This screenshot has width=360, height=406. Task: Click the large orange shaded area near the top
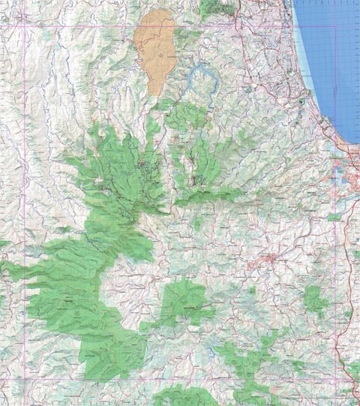[x=155, y=49]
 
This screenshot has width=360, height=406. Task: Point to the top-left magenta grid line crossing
[x=25, y=28]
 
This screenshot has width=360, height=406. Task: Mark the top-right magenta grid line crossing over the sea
[x=334, y=28]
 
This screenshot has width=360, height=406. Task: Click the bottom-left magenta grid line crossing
[x=25, y=380]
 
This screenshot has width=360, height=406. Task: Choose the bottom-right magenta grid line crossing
[x=334, y=380]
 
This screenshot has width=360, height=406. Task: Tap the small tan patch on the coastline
[x=303, y=98]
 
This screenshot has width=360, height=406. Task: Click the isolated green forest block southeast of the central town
[x=316, y=300]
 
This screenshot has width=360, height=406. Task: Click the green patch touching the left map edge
[x=3, y=244]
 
